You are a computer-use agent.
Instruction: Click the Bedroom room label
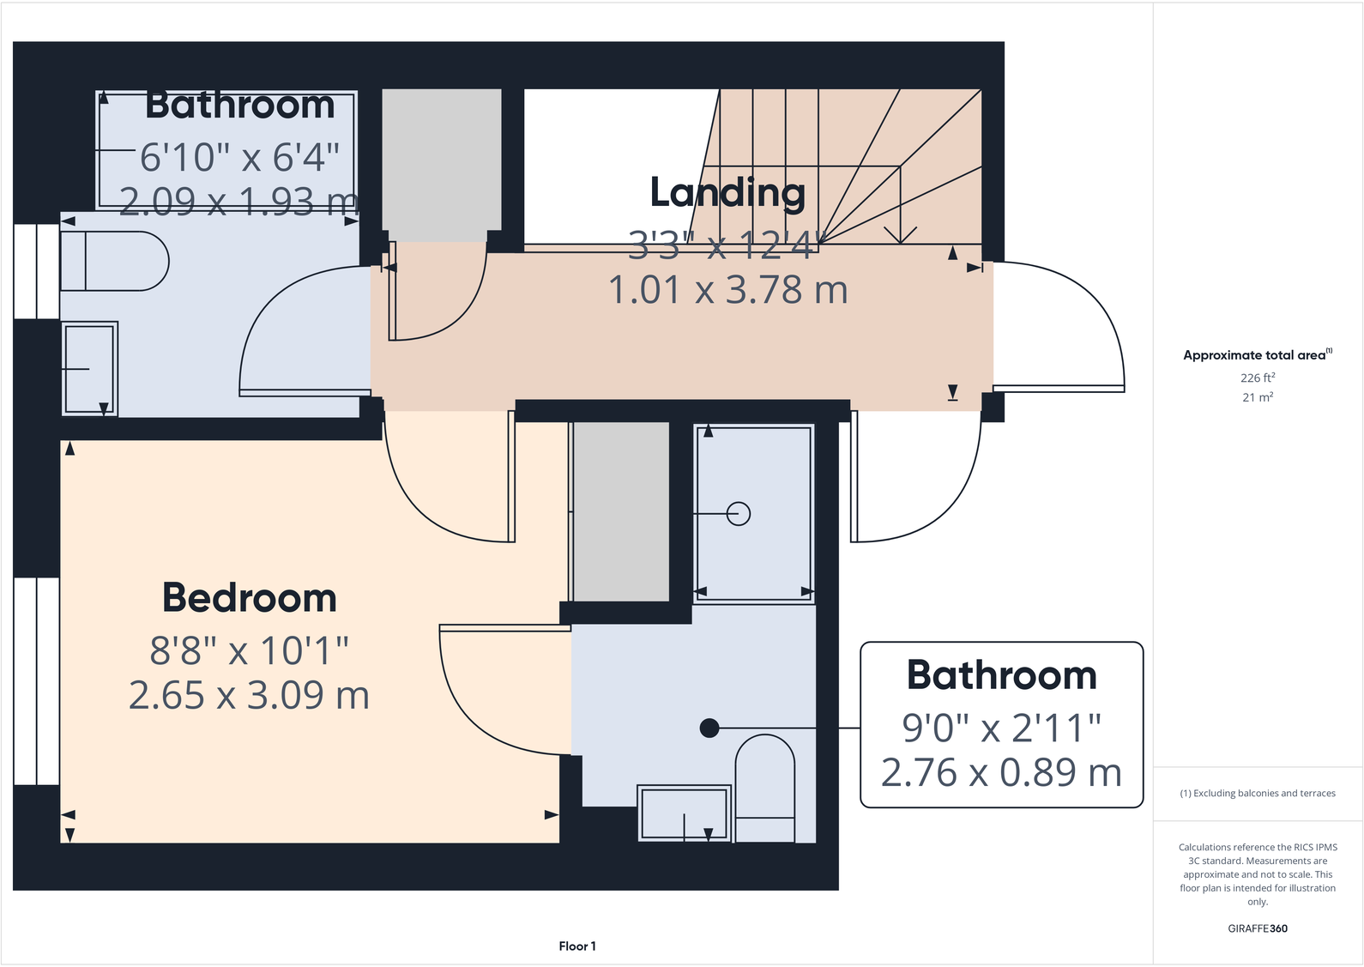click(250, 598)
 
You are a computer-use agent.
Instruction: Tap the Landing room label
click(727, 192)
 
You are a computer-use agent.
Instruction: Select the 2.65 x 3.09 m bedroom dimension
click(250, 695)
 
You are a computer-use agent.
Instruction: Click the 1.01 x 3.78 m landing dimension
click(727, 290)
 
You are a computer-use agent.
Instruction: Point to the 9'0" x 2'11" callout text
click(1001, 728)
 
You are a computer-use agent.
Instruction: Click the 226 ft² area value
click(1257, 378)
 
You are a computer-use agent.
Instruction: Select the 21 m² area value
click(1257, 397)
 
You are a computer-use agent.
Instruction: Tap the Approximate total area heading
click(1254, 355)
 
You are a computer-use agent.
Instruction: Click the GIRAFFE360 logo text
click(1257, 928)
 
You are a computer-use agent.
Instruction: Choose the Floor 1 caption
click(576, 946)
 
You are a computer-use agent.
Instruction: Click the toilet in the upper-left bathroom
click(114, 261)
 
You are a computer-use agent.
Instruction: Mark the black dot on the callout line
click(709, 728)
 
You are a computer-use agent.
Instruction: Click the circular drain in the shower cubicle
click(739, 513)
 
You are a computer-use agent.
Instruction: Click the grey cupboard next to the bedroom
click(620, 511)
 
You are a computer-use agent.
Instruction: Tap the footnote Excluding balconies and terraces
click(1257, 794)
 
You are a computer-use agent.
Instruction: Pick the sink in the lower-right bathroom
click(684, 813)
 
